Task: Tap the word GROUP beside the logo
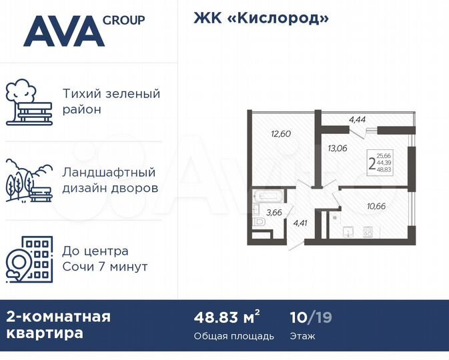coord(124,20)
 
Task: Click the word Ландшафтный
coord(109,173)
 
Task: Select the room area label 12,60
coord(281,133)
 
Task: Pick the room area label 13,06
coord(338,148)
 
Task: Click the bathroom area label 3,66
coord(274,213)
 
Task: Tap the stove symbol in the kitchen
coord(367,233)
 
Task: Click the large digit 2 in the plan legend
coord(371,163)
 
